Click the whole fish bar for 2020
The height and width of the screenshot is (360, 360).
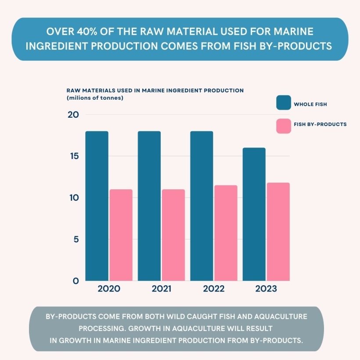point(97,206)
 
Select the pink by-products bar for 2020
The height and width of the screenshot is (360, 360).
point(121,235)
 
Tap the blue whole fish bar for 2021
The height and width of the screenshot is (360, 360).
point(149,206)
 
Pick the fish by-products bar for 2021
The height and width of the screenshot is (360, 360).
point(173,235)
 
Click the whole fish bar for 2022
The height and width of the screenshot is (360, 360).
point(202,206)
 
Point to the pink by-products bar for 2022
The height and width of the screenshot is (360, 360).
point(226,233)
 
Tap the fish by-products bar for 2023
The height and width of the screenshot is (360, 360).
point(278,232)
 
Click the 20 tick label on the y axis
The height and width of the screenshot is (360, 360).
point(73,115)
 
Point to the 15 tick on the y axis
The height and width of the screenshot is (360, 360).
point(73,156)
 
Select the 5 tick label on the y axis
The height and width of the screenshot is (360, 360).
point(76,239)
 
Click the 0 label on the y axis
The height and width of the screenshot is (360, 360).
point(76,281)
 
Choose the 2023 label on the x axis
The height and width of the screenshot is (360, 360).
point(266,289)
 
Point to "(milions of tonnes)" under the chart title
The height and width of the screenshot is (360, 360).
point(95,98)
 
